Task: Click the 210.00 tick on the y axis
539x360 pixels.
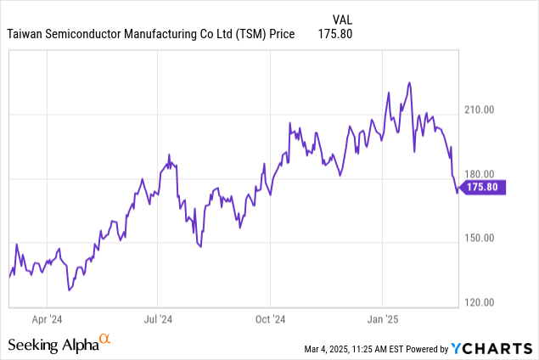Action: pos(480,110)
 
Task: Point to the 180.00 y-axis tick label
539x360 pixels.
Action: pos(480,174)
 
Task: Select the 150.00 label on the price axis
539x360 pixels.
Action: pos(480,238)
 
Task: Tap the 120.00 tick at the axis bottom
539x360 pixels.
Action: pos(480,302)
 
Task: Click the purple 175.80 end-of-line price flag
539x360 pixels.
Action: pos(486,188)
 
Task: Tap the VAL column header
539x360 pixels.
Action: pos(340,19)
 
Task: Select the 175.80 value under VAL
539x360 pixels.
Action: pos(335,34)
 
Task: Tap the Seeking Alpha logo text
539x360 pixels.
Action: pos(53,346)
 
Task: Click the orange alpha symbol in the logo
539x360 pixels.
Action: pos(105,340)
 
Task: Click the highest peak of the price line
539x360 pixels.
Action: pos(410,82)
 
